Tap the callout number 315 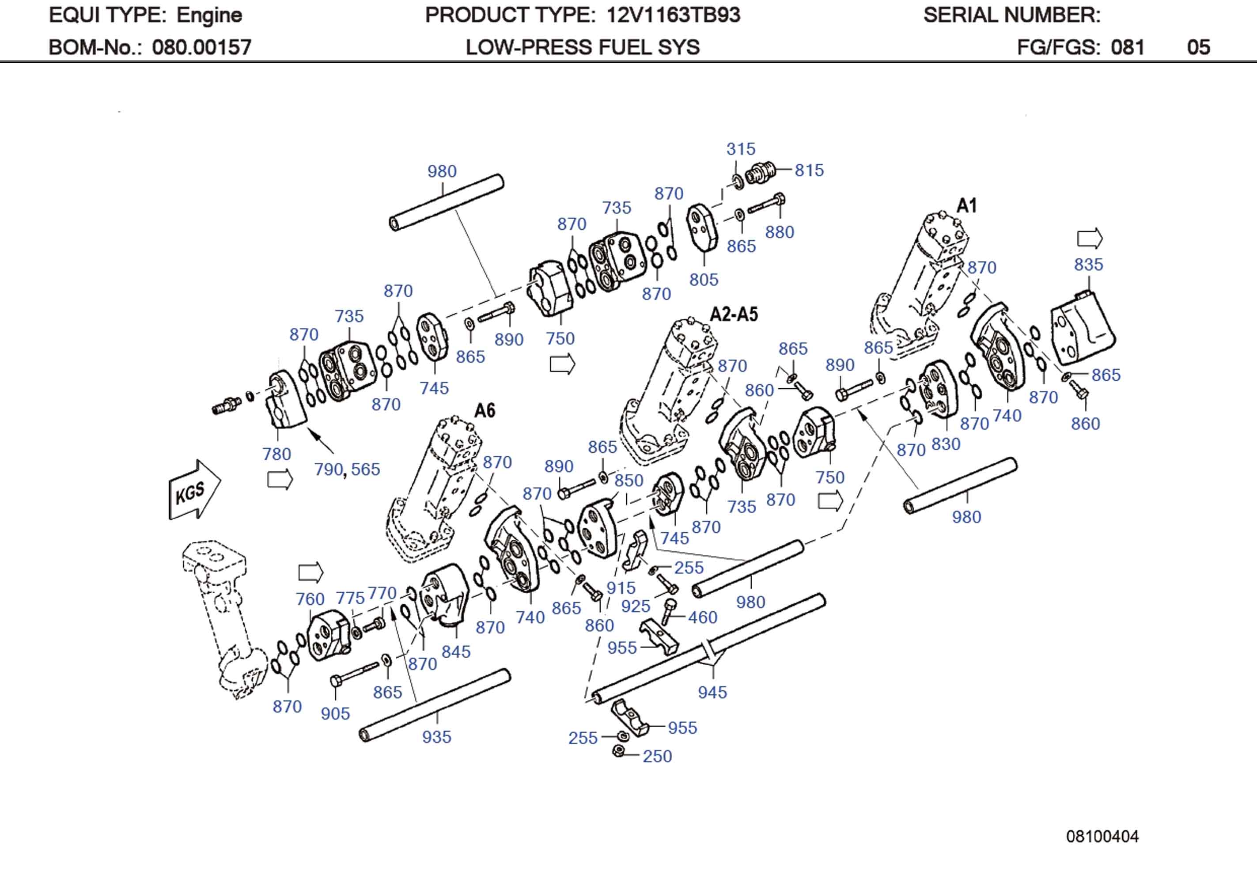coord(740,149)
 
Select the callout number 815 coord(809,170)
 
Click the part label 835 coord(1088,265)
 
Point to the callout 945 coord(712,692)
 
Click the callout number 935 coord(436,737)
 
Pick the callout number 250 coord(656,756)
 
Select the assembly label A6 coord(485,410)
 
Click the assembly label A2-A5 coord(734,314)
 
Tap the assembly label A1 coord(966,206)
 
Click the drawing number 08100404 coord(1102,836)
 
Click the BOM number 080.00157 coord(201,48)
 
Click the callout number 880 coord(779,232)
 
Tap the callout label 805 coord(703,280)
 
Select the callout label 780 coord(276,454)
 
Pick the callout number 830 coord(946,444)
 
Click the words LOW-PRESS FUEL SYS coord(582,48)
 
